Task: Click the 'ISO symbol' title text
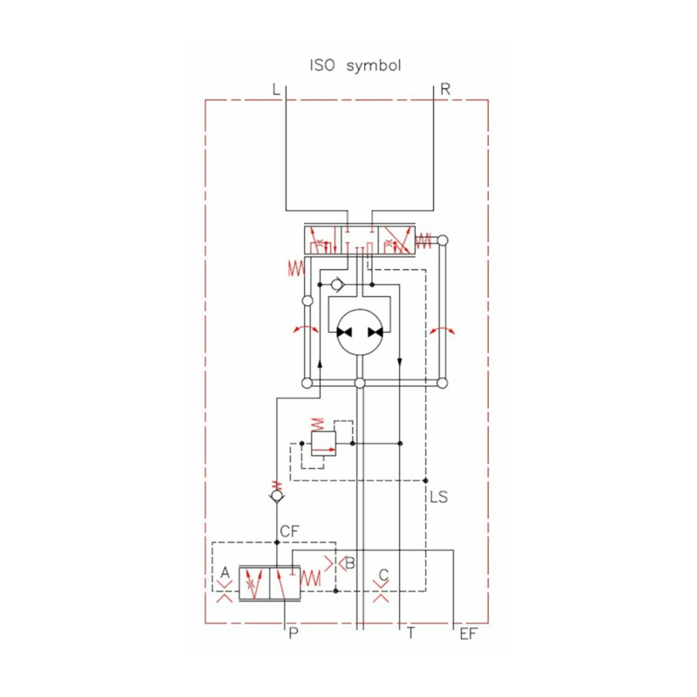(355, 66)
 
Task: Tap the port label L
(276, 89)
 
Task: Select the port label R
(445, 89)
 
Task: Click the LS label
(439, 497)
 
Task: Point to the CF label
(289, 531)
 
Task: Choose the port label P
(294, 634)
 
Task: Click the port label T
(410, 634)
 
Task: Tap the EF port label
(468, 634)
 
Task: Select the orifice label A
(225, 572)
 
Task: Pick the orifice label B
(349, 563)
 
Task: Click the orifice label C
(382, 575)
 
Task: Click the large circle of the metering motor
(360, 332)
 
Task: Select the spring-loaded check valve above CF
(276, 497)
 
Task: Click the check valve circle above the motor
(337, 284)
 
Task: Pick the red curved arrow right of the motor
(443, 329)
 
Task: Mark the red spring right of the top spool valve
(424, 240)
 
